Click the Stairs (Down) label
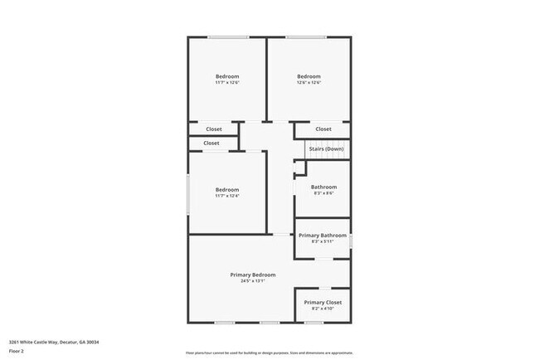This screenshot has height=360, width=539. point(326,148)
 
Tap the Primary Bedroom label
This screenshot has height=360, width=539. point(253,275)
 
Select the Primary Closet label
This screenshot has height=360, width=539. point(323,303)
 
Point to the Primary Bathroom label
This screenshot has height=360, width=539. point(323,236)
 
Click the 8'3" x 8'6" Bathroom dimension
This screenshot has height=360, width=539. point(323,193)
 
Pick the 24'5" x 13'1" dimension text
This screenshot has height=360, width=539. point(253,281)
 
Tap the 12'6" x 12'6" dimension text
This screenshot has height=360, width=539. point(308,82)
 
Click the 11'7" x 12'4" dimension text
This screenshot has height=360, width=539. point(226,196)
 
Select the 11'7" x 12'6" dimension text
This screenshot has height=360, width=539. point(226,82)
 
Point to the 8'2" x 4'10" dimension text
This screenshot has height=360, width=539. point(323,309)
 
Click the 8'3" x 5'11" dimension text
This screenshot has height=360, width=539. point(323,242)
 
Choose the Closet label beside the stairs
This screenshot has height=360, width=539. point(323,129)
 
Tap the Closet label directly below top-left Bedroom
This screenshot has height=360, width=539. point(214,129)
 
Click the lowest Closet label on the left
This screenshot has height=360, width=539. point(211,144)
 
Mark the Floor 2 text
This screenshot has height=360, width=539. point(17,350)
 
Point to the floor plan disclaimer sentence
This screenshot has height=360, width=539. point(269,353)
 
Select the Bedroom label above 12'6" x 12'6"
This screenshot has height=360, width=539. point(308,76)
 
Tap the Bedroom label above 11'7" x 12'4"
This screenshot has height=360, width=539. point(226,189)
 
